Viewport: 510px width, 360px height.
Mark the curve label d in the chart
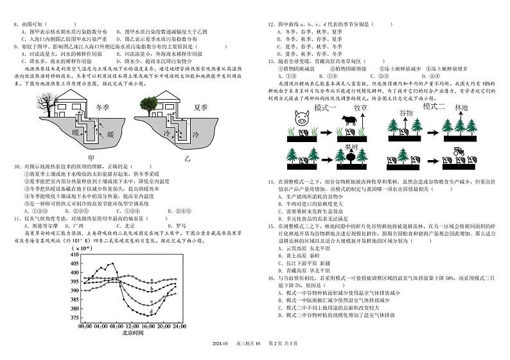coord(152,312)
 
